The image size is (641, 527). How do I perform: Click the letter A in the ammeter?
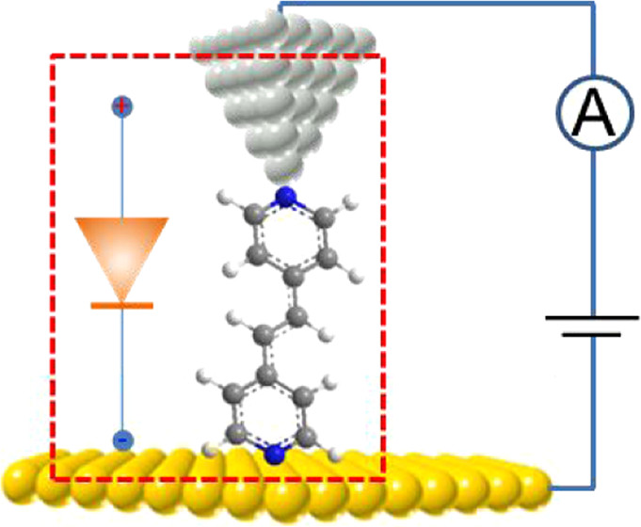[x=595, y=112]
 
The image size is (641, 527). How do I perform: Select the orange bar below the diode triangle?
[x=121, y=306]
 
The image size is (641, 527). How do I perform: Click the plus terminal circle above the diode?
[x=121, y=106]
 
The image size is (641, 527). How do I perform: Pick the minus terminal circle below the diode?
[x=121, y=440]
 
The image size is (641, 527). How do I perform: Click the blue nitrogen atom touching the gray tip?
[x=286, y=197]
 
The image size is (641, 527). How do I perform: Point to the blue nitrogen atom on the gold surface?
[x=275, y=455]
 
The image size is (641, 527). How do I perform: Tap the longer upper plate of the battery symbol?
[x=592, y=317]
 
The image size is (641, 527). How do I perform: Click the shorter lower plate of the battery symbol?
[x=591, y=335]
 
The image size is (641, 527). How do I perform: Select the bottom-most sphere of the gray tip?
[x=283, y=171]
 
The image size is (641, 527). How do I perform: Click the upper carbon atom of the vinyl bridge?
[x=297, y=316]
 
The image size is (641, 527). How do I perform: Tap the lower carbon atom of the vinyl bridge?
[x=264, y=335]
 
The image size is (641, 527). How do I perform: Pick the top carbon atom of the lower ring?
[x=266, y=375]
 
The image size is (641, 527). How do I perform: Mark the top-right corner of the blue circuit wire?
[x=593, y=4]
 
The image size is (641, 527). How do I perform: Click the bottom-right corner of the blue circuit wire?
[x=593, y=487]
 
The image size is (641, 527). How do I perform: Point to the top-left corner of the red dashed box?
[x=53, y=56]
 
